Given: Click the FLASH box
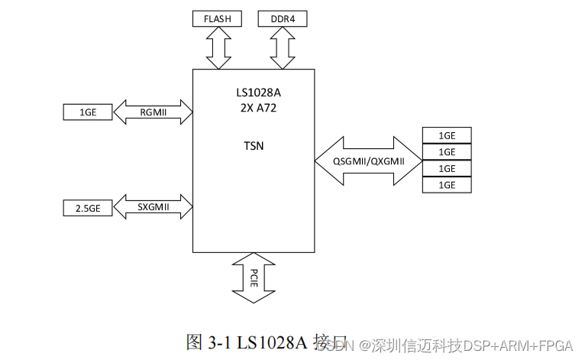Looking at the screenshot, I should coord(218,18).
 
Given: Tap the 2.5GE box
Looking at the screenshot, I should coord(87,207).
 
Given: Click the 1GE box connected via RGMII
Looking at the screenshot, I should coord(87,112).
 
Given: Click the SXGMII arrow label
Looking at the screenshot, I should coord(153,207).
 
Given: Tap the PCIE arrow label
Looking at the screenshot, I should coord(254,276).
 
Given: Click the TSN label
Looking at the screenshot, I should coord(254,145).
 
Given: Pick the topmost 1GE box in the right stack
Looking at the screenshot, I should coord(447,135).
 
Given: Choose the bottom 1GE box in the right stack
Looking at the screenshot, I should coord(447,185).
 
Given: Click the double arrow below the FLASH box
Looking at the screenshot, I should coord(218,49).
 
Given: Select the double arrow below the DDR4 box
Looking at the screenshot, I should coord(282,49).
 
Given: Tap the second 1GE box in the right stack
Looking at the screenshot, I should coord(447,152).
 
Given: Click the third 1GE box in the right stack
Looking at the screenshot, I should coord(447,168).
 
